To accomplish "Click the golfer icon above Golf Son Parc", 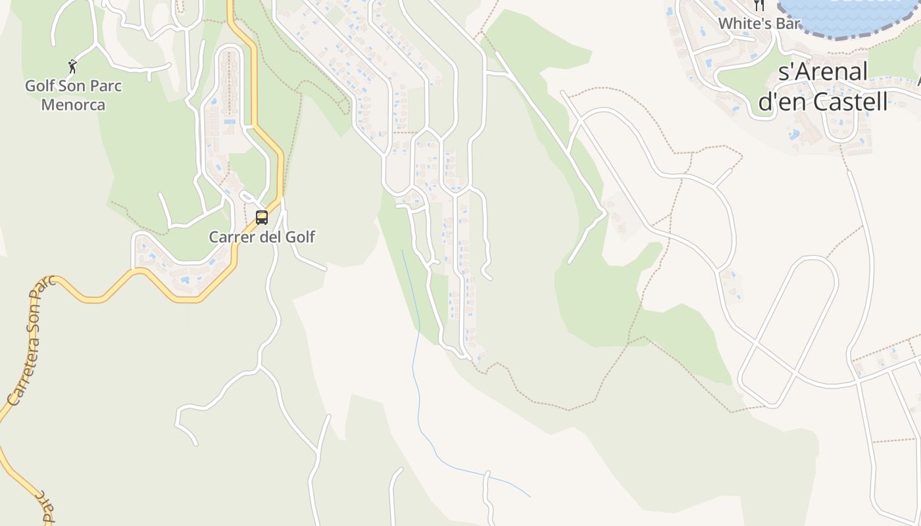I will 72,66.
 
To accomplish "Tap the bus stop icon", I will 262,218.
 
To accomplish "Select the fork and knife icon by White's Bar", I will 759,5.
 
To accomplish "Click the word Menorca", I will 73,105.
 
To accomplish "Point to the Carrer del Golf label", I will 262,237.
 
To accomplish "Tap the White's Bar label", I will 759,24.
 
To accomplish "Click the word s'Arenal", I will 823,72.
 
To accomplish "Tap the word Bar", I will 787,24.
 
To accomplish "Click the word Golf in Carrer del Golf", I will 299,237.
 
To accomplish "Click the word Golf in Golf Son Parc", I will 39,86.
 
